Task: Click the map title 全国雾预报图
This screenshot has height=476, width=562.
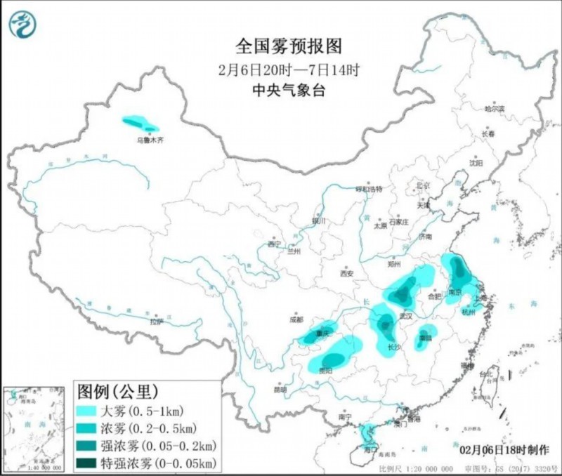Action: pyautogui.click(x=289, y=46)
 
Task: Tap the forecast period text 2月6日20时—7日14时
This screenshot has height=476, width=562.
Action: pyautogui.click(x=289, y=70)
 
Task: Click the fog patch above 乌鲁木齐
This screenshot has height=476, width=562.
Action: pyautogui.click(x=140, y=124)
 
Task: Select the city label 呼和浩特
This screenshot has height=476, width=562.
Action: pyautogui.click(x=368, y=189)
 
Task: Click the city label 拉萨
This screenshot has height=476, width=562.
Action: pyautogui.click(x=156, y=322)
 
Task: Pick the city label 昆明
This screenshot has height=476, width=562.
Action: pyautogui.click(x=280, y=390)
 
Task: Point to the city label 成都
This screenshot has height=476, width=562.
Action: pyautogui.click(x=296, y=319)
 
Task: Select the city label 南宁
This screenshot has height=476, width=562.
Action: pyautogui.click(x=344, y=417)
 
